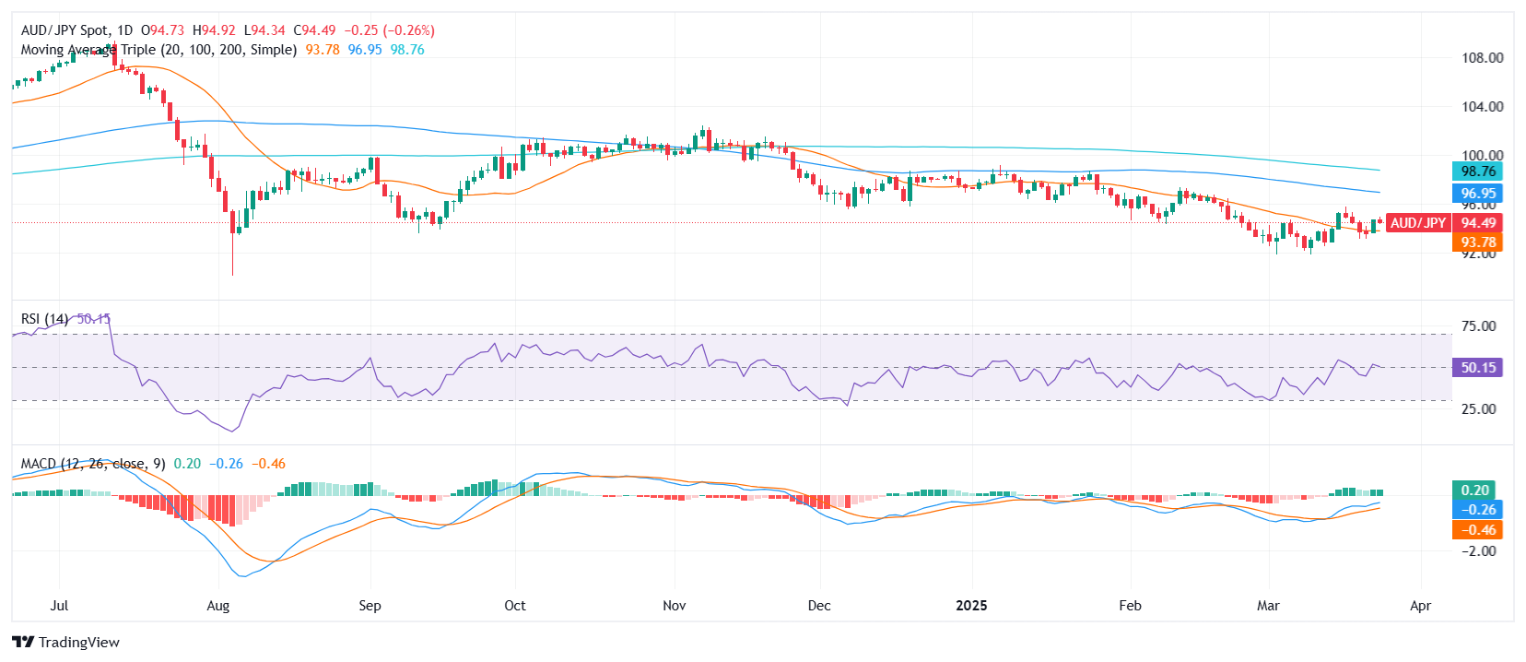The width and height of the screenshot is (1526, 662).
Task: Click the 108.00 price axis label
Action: tap(1482, 58)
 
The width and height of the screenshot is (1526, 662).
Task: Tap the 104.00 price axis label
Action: tap(1482, 107)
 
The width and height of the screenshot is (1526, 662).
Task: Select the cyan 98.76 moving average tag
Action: tap(1477, 171)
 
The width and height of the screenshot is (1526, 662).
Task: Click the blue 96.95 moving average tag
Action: tap(1477, 194)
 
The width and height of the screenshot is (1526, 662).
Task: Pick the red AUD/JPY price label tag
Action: tap(1417, 223)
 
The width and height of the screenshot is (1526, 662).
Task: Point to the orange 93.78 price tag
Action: tap(1477, 242)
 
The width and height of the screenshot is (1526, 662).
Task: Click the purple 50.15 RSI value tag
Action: tap(1477, 368)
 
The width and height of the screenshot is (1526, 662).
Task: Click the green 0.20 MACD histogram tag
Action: tap(1475, 491)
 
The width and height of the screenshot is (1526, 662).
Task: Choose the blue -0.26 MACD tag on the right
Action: tap(1477, 510)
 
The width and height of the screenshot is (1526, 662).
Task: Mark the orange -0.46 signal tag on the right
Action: tap(1477, 530)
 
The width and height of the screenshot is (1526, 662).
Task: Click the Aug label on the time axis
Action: tap(218, 606)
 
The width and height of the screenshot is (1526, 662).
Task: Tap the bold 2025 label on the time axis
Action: tap(971, 606)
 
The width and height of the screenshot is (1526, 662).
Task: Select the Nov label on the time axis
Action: tap(675, 606)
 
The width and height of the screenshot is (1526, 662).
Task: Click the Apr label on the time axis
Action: tap(1420, 606)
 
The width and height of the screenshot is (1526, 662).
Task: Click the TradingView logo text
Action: tap(78, 643)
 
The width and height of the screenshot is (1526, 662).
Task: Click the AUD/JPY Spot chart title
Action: tap(65, 30)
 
